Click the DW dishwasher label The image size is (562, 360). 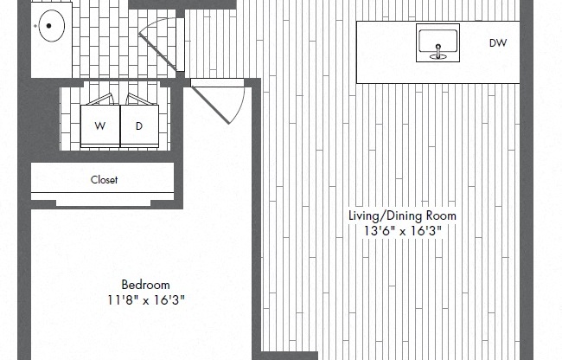tap(497, 42)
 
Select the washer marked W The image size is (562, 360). tap(100, 125)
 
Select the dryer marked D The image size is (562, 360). tap(139, 125)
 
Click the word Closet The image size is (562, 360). tap(105, 180)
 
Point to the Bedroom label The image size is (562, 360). tap(145, 284)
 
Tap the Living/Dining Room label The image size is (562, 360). tap(402, 215)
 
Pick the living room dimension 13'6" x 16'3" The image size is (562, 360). tap(402, 231)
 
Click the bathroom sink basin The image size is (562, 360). tap(53, 26)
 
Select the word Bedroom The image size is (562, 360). tap(145, 284)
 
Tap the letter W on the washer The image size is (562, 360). tap(100, 125)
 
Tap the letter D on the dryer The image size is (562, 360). tap(139, 125)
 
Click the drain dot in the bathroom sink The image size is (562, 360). tap(50, 26)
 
